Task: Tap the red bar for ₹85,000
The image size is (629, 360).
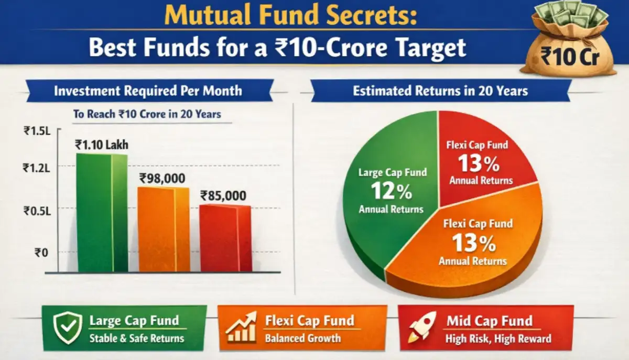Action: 225,238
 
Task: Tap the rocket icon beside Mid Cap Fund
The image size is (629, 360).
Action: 422,328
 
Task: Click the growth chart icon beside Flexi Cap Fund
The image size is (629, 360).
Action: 241,328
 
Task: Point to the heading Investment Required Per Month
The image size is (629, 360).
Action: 148,91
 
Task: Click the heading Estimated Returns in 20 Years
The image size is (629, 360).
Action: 440,91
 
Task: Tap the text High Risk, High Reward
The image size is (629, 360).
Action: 498,339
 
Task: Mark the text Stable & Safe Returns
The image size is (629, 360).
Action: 137,338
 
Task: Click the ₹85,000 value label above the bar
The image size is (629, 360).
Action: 223,196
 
